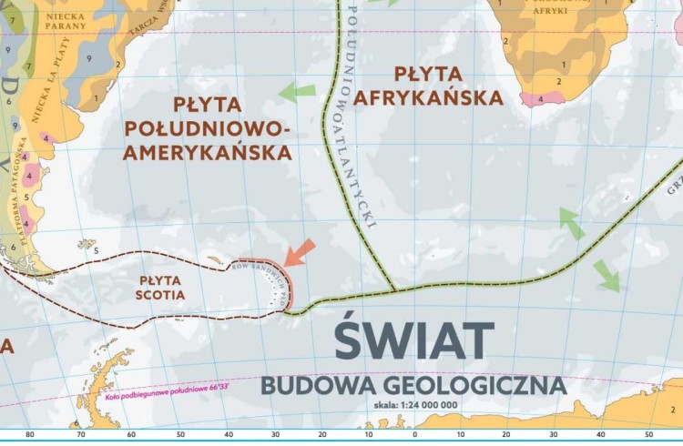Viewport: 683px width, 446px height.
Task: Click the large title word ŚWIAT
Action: (x=414, y=340)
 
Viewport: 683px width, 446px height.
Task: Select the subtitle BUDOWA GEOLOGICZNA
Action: (x=413, y=385)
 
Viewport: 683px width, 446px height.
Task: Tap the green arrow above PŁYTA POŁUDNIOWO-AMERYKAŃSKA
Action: (x=297, y=91)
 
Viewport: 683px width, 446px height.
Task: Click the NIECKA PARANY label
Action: (x=66, y=20)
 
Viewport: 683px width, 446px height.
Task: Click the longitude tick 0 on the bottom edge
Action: (x=414, y=435)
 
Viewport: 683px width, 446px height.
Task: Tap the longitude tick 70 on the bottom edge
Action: (x=82, y=435)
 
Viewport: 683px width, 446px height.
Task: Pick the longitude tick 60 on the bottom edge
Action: (x=131, y=435)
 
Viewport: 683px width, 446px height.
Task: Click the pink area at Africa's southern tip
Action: (x=541, y=98)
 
